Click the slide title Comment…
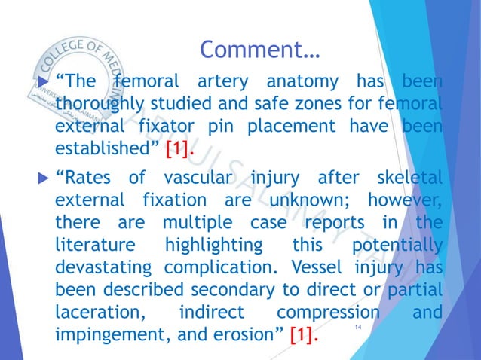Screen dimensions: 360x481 tap(261, 51)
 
